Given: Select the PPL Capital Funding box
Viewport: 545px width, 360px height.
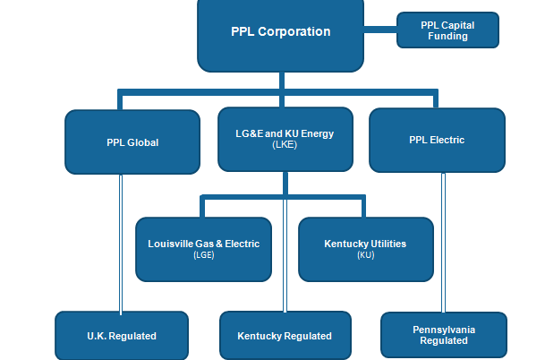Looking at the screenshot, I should (447, 30).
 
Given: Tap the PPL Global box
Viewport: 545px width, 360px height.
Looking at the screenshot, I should (132, 141).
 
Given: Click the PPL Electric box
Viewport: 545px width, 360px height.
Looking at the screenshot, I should (437, 140).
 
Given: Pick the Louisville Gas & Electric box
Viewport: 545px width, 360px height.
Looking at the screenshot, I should (203, 248).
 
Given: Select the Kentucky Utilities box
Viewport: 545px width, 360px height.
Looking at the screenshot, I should (364, 248).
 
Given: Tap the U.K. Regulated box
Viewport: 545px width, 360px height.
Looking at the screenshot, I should (122, 336).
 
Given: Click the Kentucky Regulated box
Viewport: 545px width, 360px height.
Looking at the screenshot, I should (285, 336).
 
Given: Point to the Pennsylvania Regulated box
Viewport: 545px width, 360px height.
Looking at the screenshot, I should (444, 335).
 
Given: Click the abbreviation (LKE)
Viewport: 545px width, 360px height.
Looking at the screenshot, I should (285, 144).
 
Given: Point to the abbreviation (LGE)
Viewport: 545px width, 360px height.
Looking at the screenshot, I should (204, 254).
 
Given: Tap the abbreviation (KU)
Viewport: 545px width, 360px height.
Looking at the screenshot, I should (365, 254).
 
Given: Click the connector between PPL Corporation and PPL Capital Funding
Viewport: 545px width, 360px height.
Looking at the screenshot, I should (380, 31).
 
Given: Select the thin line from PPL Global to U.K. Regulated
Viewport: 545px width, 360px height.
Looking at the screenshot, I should (120, 242).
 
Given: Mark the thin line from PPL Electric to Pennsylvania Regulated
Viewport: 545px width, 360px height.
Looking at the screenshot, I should (443, 242).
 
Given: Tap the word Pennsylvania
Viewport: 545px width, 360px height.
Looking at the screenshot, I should (444, 330).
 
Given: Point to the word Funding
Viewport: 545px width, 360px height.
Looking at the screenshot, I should (447, 37).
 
